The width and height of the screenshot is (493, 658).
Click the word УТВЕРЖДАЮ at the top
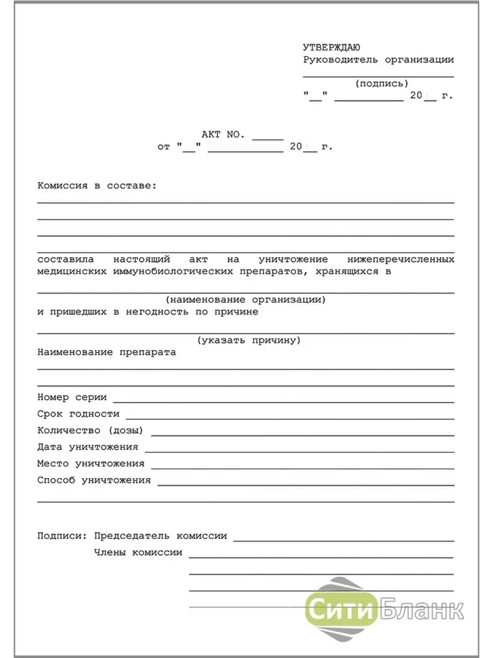point(331,48)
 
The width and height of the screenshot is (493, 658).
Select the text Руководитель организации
point(379,60)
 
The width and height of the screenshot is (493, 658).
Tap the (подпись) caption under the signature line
point(382,83)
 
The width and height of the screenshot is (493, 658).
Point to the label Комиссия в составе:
point(97,186)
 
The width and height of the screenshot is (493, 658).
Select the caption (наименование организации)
point(246,299)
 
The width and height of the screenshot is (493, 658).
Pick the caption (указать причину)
point(249,341)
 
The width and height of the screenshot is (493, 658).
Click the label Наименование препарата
point(107,353)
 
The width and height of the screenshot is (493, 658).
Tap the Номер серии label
point(72,398)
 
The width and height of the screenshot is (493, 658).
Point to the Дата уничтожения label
point(88,447)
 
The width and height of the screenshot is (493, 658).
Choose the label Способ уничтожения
point(94,480)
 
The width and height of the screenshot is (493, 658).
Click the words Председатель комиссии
point(160,536)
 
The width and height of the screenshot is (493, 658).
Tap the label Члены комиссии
point(138,553)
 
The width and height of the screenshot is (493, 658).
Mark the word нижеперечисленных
point(400,259)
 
